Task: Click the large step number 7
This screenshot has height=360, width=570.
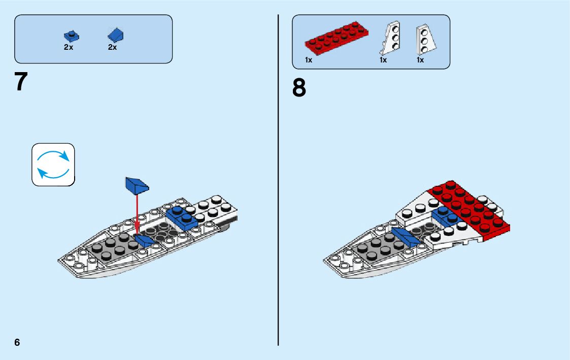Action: click(20, 82)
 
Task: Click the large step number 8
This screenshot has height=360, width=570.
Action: click(299, 87)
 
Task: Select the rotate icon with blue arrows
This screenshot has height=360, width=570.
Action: click(53, 164)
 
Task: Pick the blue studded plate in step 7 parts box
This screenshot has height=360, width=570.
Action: click(72, 36)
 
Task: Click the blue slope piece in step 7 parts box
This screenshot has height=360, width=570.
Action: click(116, 35)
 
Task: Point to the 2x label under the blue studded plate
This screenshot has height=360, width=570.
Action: click(69, 47)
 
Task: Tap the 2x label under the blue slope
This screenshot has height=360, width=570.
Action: click(112, 47)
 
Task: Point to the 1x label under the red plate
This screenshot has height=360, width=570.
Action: click(309, 60)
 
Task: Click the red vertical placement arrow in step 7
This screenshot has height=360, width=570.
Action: click(137, 213)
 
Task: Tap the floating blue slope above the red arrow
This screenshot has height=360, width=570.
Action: click(137, 185)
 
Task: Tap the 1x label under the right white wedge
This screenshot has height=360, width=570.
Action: click(420, 60)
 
